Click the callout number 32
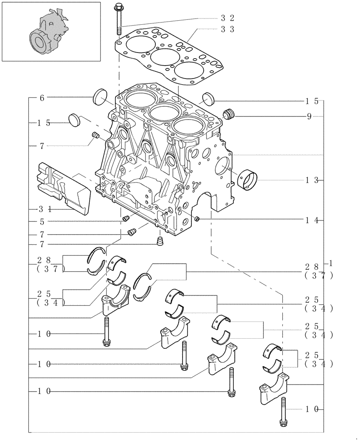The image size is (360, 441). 228,18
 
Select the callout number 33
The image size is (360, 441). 228,29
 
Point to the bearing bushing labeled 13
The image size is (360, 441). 247,180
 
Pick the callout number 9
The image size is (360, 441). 309,116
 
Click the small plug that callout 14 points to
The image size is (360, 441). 197,219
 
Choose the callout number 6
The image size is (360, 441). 42,98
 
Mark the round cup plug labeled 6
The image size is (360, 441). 101,97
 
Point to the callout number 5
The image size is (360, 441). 42,221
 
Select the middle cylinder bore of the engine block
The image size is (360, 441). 163,112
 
